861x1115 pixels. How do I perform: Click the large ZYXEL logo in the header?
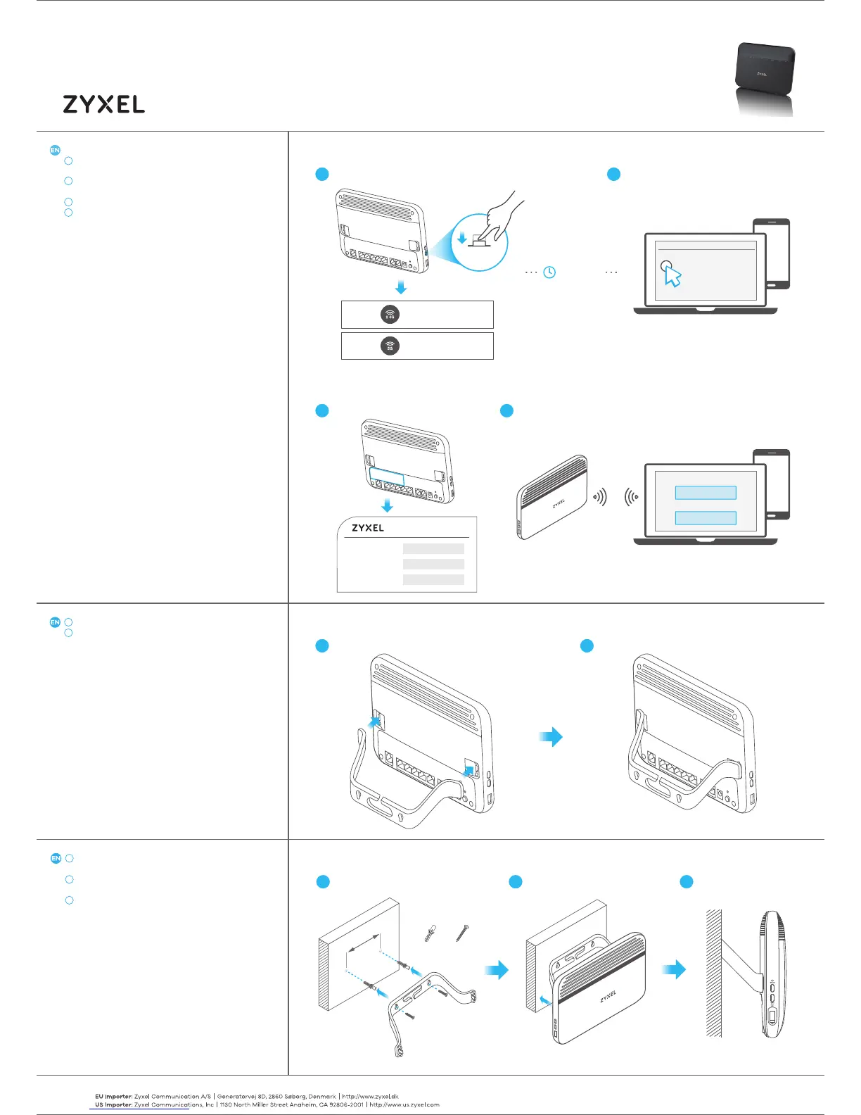pos(104,104)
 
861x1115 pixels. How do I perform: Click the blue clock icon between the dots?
pos(549,272)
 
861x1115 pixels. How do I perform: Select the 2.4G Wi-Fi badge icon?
pos(390,315)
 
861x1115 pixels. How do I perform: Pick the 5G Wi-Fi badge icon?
pos(390,346)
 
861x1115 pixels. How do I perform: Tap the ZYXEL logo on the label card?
pos(368,528)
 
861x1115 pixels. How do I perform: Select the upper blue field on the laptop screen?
pos(706,493)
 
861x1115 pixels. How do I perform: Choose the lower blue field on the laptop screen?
pos(706,518)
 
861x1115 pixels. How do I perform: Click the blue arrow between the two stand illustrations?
pos(551,737)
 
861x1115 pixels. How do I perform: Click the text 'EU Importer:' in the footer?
pos(114,1096)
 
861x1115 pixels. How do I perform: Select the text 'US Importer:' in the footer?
pos(114,1104)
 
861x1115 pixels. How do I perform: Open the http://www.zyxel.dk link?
pos(370,1096)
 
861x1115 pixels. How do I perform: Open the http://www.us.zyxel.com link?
pos(404,1104)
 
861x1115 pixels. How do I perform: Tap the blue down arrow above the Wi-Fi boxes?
pos(400,287)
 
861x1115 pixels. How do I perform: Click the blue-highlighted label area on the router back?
pos(387,476)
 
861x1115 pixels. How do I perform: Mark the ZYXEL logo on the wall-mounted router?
pos(608,996)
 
